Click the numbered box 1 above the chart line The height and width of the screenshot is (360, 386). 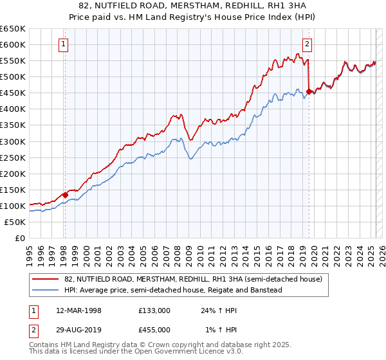pos(64,44)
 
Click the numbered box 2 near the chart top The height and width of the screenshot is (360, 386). pos(308,44)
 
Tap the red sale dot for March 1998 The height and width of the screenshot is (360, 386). pos(65,195)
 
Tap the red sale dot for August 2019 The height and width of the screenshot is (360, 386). pos(309,91)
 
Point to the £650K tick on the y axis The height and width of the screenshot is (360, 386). pos(13,29)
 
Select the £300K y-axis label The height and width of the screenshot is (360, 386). pos(13,141)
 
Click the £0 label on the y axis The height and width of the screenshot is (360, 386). pos(20,238)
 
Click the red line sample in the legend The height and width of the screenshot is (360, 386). pos(46,279)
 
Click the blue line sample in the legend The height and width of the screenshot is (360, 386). pos(46,290)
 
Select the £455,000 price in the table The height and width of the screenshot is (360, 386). pos(154,330)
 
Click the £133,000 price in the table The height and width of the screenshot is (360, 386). pos(154,310)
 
